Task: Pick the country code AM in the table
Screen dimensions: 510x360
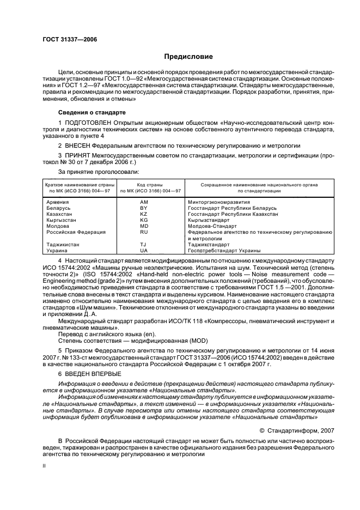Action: [x=144, y=202]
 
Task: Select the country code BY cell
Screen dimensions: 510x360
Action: [x=144, y=208]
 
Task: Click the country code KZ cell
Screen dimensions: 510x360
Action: [x=144, y=214]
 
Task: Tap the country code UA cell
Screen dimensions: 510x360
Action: [x=144, y=251]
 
